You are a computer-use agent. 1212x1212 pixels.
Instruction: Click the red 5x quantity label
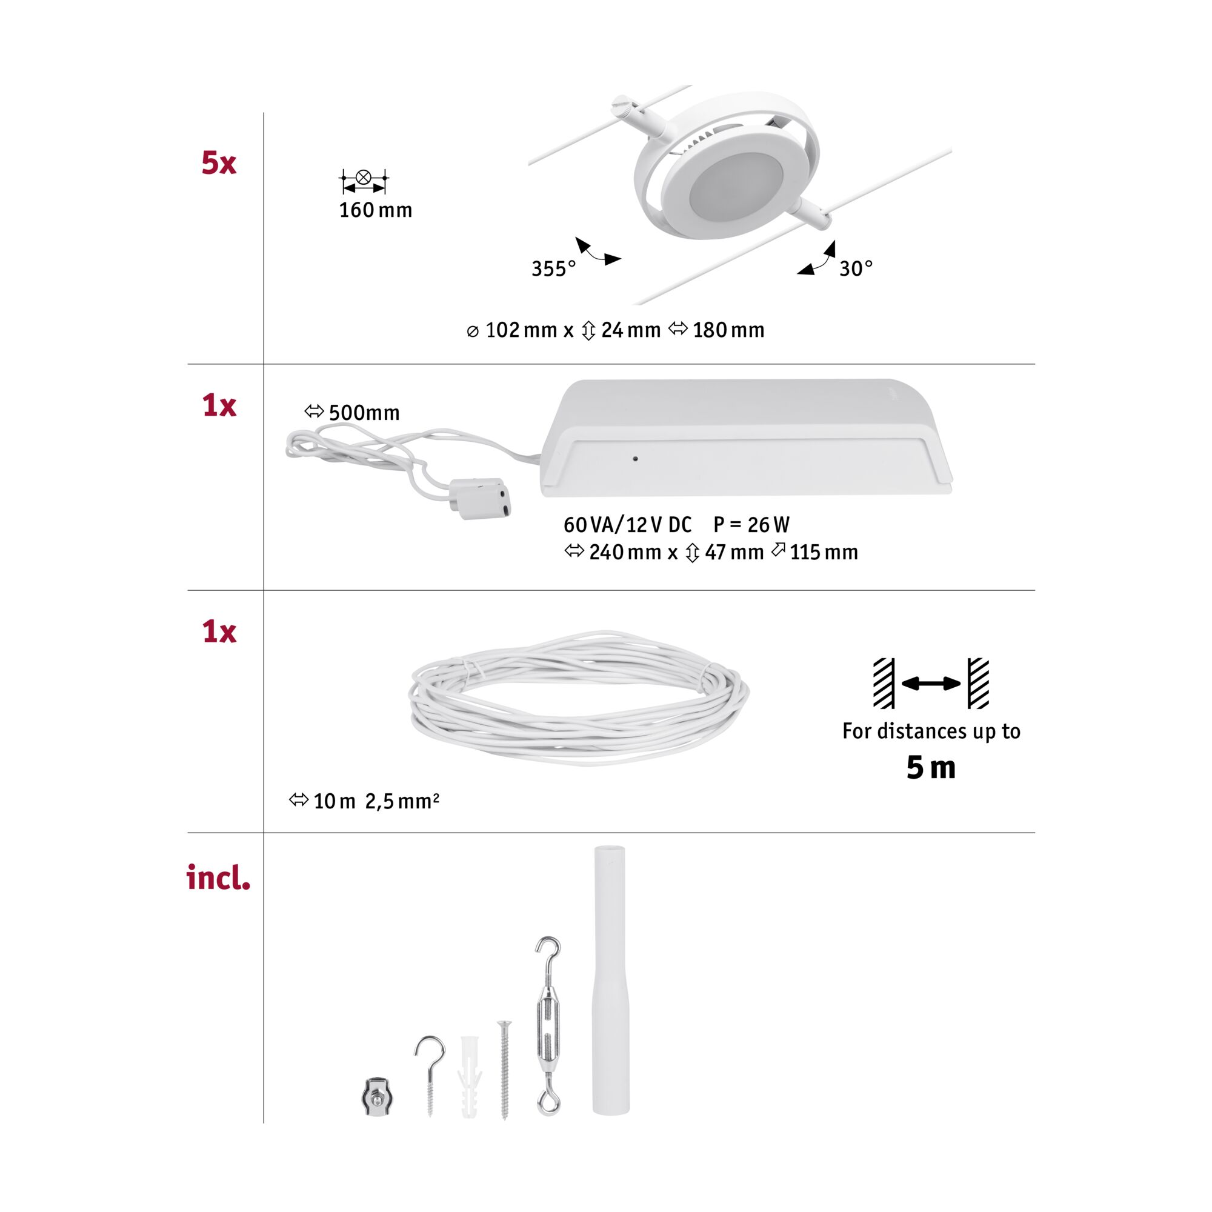click(x=218, y=163)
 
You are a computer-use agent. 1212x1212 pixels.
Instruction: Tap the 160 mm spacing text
click(x=375, y=210)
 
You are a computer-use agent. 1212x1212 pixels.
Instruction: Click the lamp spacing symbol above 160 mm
click(x=363, y=180)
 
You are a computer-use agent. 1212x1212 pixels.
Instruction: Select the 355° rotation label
click(x=553, y=268)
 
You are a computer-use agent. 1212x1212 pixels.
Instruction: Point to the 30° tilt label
click(x=856, y=268)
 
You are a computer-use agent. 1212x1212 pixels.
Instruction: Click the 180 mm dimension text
click(x=728, y=330)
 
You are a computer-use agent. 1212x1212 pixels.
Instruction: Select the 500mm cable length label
click(x=363, y=412)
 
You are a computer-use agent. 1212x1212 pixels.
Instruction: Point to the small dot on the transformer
click(x=636, y=459)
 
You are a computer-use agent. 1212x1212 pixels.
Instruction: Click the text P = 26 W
click(x=751, y=524)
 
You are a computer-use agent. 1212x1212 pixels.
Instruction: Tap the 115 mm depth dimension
click(x=823, y=552)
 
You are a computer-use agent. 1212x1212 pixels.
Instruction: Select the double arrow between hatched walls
click(x=931, y=683)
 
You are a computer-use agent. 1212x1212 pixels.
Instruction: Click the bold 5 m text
click(x=930, y=768)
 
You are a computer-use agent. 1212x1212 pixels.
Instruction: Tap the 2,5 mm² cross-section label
click(x=402, y=801)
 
